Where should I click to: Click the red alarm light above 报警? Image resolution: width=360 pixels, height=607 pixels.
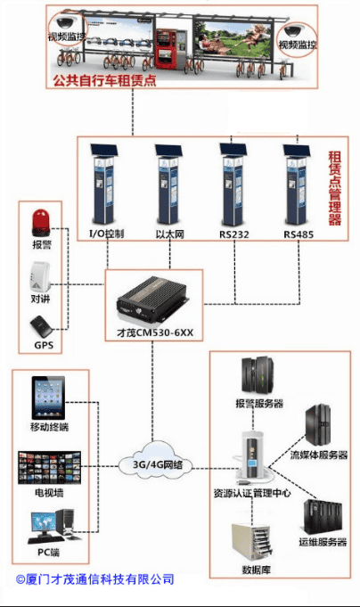(x=41, y=222)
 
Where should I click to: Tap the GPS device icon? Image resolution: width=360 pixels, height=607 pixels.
(x=41, y=327)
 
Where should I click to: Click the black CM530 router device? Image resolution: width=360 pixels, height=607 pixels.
(x=153, y=299)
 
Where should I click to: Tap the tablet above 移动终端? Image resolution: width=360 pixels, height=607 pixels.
(x=48, y=398)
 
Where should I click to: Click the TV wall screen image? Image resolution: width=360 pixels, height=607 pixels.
(x=50, y=467)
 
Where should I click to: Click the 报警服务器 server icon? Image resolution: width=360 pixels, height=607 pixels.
(x=258, y=376)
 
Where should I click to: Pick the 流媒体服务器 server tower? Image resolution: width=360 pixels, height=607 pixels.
(x=318, y=425)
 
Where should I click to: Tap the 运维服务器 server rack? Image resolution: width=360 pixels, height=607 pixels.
(x=322, y=517)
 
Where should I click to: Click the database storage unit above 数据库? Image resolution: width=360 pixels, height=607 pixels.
(x=251, y=541)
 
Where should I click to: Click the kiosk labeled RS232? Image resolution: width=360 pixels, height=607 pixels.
(x=233, y=185)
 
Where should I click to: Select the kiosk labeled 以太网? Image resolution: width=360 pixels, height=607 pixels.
(x=168, y=185)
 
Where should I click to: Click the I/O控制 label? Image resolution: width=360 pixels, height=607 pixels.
(x=106, y=234)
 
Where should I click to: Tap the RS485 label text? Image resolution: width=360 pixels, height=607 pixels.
(x=298, y=234)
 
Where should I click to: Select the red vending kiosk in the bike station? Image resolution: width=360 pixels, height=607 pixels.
(x=166, y=49)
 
